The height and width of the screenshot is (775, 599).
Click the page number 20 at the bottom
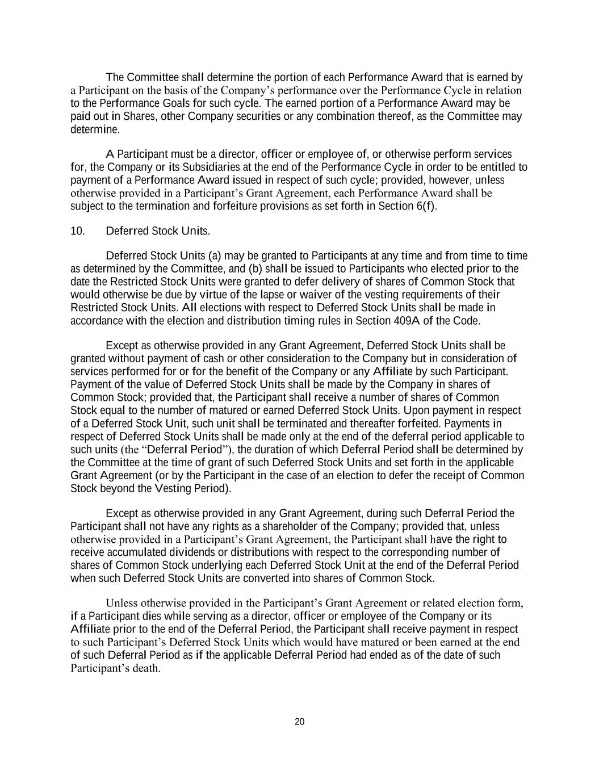click(300, 722)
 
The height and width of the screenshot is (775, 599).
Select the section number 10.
click(78, 231)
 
